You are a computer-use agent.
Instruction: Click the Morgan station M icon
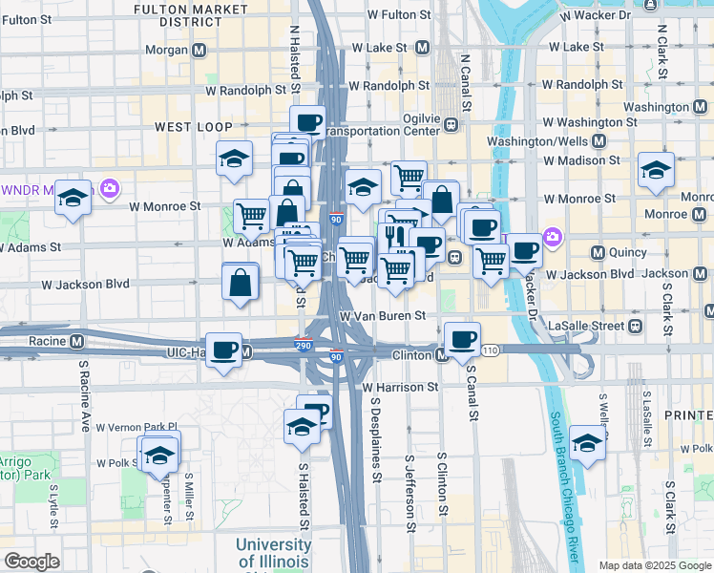tap(199, 50)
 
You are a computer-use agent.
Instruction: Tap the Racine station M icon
tap(77, 341)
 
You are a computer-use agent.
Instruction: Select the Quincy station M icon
tap(598, 253)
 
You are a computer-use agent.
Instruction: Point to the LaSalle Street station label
tap(586, 326)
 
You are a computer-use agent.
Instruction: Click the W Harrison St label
tap(400, 387)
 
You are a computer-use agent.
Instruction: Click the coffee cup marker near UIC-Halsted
tap(224, 350)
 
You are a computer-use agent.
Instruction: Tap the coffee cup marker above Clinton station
tap(463, 338)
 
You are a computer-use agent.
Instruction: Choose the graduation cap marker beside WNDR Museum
tap(72, 198)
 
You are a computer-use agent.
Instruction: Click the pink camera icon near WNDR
tap(110, 188)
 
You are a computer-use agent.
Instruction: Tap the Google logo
tap(31, 562)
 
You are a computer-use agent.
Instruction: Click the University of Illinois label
tap(273, 552)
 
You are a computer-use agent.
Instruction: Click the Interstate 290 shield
tap(304, 345)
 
